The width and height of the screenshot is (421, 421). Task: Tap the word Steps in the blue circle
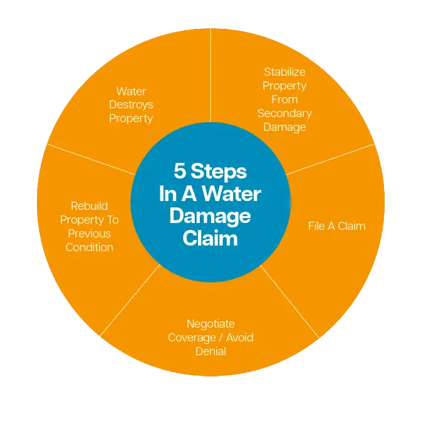[219, 171]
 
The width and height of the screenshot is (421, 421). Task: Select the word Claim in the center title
[210, 238]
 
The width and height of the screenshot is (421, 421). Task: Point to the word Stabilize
[285, 72]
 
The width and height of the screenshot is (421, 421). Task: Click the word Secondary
[284, 113]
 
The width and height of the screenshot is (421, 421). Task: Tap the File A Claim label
[336, 226]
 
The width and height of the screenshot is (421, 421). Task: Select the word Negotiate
[210, 324]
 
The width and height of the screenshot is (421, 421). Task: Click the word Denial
[210, 351]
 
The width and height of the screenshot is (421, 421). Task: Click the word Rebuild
[89, 205]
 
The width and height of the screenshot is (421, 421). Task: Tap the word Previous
[89, 233]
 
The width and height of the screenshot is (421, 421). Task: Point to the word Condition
[89, 247]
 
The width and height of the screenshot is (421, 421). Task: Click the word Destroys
[131, 105]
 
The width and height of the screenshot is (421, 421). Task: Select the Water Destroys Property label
[131, 105]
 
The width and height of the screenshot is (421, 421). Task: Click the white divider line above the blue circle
[210, 81]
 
